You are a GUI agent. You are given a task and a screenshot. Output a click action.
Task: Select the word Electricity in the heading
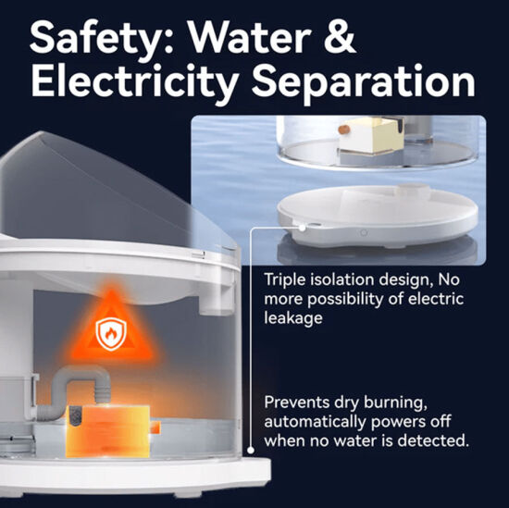click(x=134, y=82)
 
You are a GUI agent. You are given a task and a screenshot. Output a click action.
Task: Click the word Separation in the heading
click(x=364, y=82)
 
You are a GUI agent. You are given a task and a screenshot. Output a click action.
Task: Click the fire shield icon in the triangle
click(x=111, y=333)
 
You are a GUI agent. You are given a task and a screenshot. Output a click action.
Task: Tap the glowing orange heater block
click(x=108, y=431)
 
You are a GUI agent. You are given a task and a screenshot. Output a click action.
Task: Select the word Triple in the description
click(x=284, y=280)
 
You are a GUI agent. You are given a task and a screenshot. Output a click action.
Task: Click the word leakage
click(x=292, y=317)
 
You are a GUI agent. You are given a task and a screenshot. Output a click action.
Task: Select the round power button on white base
click(x=364, y=233)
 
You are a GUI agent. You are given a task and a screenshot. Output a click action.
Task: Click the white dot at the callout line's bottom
click(x=251, y=451)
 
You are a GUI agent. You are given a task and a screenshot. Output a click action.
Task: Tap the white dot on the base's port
click(x=302, y=228)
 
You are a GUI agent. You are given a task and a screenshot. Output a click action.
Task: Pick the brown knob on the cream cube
click(x=343, y=130)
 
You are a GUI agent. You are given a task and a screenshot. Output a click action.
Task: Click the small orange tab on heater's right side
click(x=155, y=427)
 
